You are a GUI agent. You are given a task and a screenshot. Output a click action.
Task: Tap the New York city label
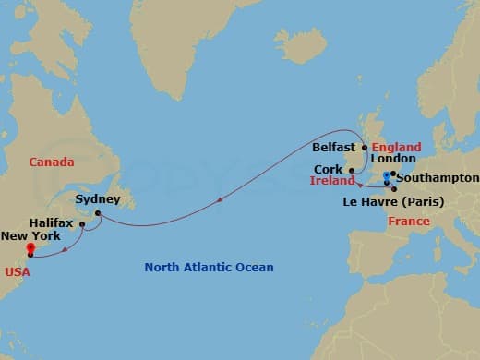pos(30,236)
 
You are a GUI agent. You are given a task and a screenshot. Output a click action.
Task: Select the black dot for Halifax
pos(82,224)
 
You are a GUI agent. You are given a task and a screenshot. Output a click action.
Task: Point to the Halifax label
pos(51,223)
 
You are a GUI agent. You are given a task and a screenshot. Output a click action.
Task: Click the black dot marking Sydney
pos(96,212)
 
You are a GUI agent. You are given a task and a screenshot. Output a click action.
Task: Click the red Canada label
pos(52,162)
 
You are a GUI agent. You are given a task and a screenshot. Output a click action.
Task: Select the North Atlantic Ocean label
pos(209,268)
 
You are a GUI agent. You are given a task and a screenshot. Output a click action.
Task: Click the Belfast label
pos(334,147)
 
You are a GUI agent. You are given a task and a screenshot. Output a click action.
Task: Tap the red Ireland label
pos(329,183)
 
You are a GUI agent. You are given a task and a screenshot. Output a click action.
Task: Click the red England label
pos(397,148)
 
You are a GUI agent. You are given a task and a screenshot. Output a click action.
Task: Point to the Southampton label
pos(440,177)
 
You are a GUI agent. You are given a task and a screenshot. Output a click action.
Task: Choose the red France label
pos(409,222)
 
